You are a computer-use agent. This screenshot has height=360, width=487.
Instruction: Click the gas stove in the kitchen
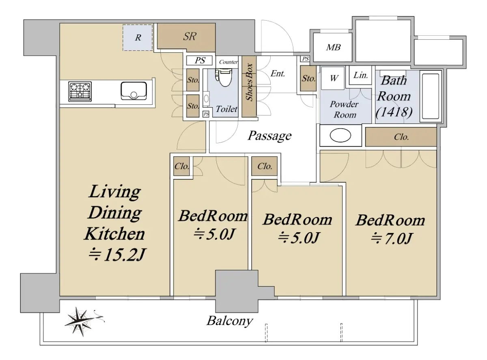[80, 92]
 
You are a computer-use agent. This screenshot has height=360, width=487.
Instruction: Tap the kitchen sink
[134, 91]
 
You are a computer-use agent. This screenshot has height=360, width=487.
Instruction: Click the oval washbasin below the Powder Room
[340, 135]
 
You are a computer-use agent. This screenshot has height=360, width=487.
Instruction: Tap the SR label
[190, 37]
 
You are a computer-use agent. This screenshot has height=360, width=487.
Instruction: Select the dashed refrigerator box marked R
[138, 38]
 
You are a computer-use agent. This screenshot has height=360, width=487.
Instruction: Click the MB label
[333, 47]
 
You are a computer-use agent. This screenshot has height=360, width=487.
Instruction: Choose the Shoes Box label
[249, 82]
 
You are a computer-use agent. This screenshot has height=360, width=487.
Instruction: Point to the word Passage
[269, 136]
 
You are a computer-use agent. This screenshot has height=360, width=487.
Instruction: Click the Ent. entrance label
[278, 73]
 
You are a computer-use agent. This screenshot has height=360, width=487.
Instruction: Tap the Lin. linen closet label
[360, 75]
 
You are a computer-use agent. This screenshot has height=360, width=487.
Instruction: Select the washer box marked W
[334, 78]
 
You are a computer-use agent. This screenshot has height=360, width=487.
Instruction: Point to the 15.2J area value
[117, 255]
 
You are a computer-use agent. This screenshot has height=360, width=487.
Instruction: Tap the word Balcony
[230, 321]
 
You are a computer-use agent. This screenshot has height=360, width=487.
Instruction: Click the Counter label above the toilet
[228, 62]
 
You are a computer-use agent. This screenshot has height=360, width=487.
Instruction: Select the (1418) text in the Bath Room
[394, 112]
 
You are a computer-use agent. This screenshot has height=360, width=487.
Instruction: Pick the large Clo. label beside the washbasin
[401, 137]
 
